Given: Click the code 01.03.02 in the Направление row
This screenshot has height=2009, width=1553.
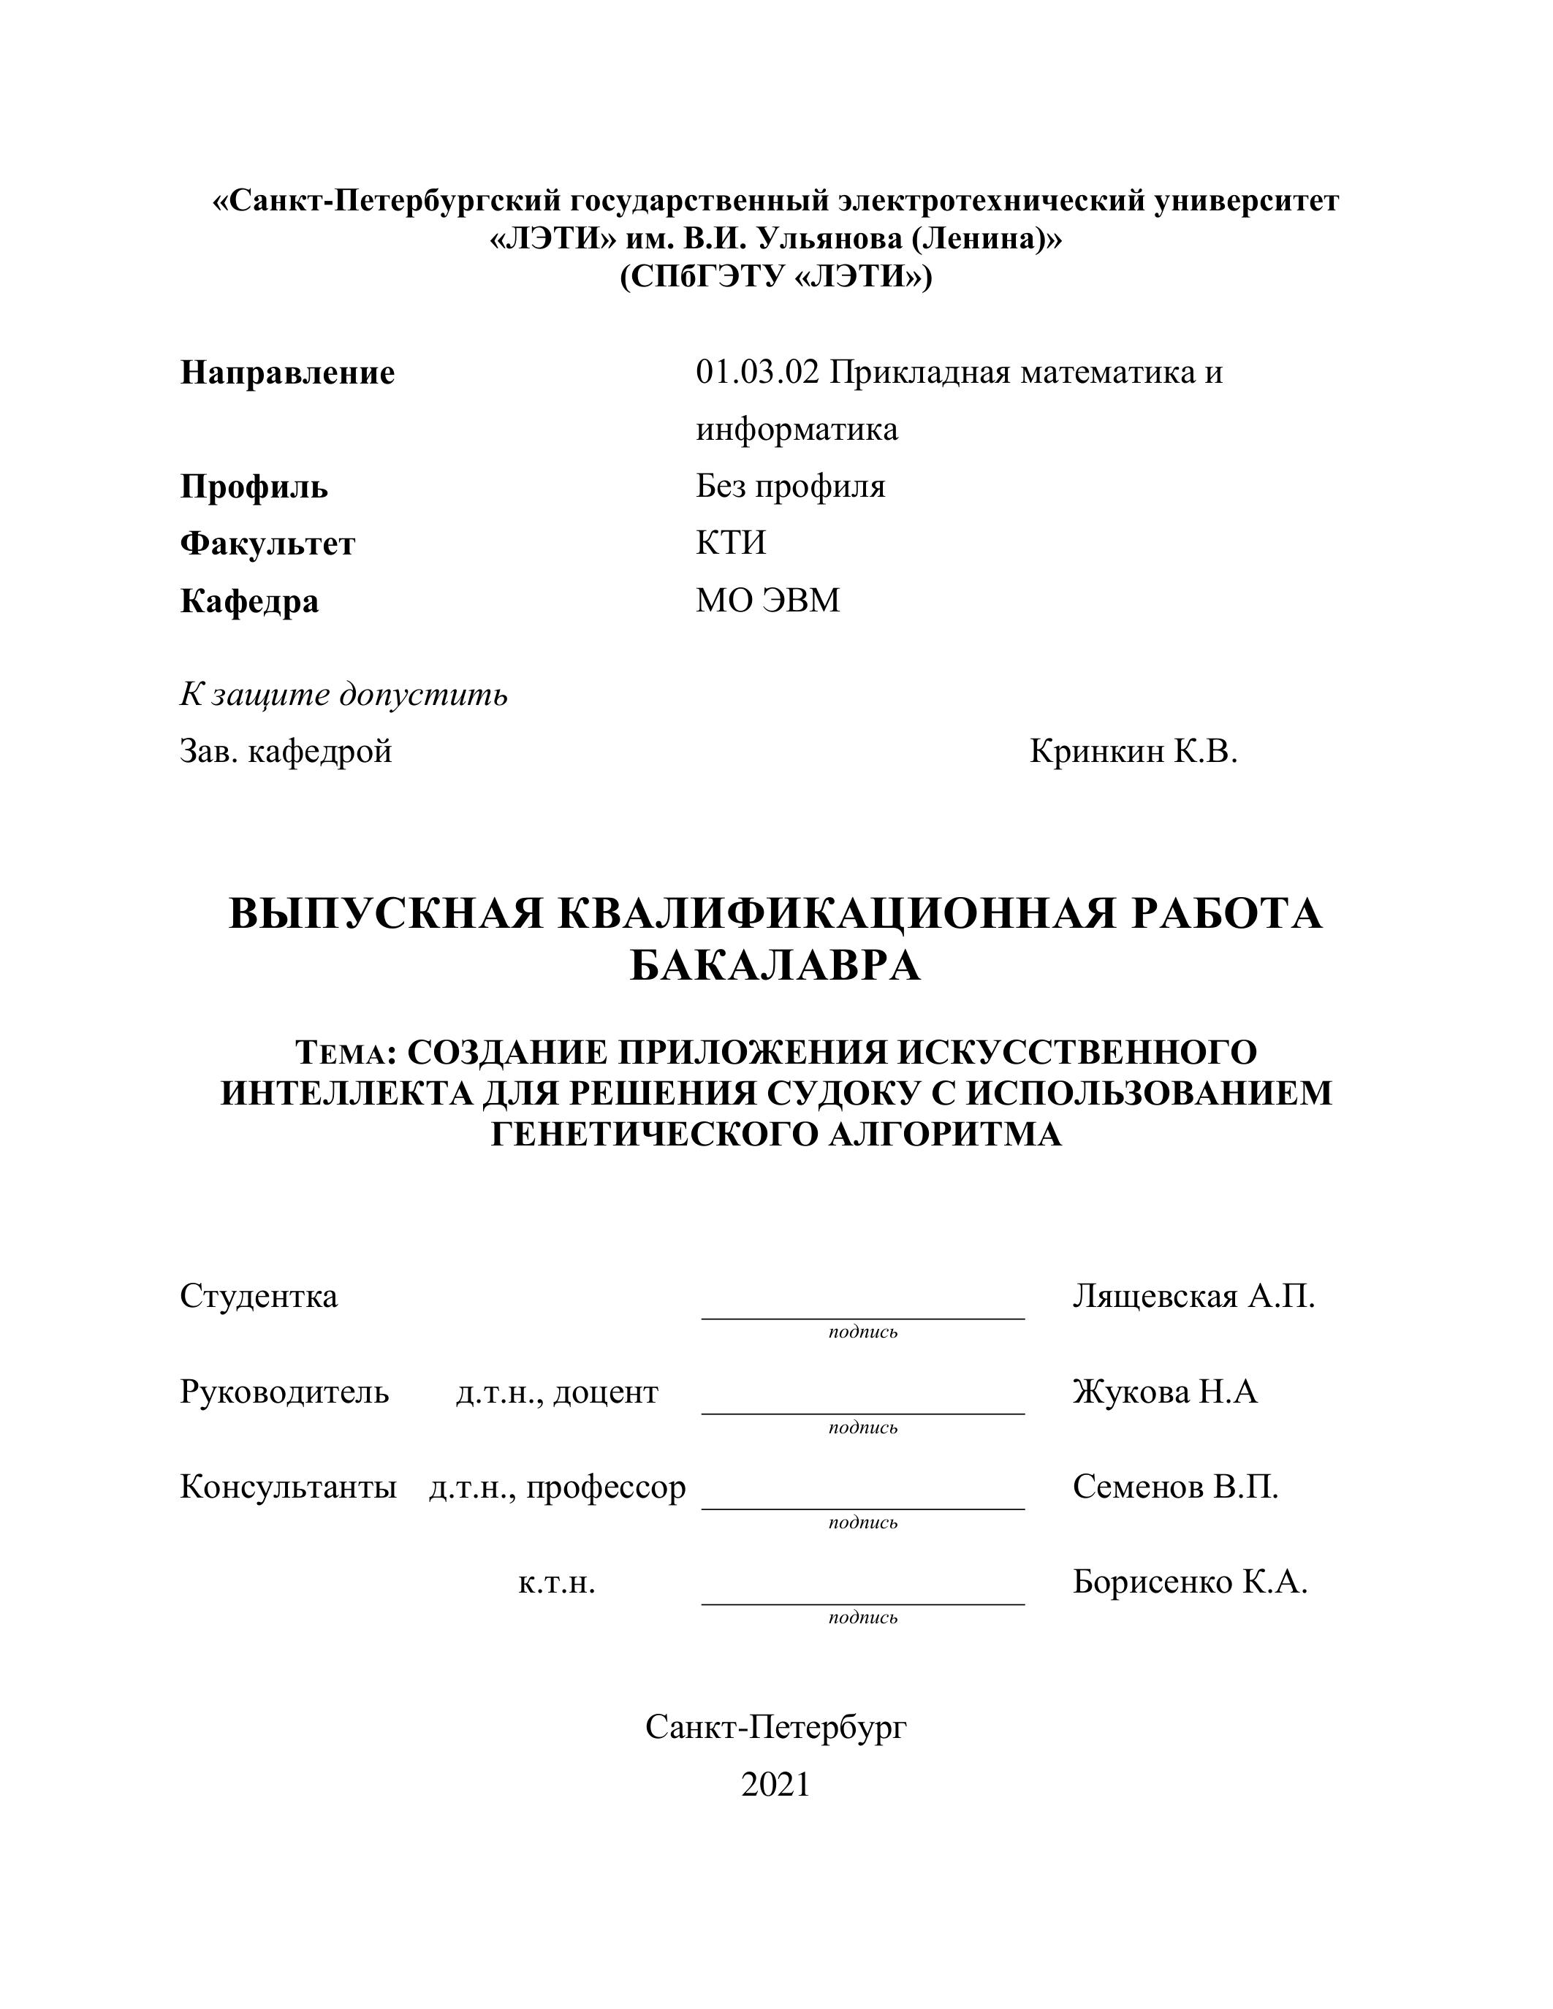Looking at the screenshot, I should tap(756, 373).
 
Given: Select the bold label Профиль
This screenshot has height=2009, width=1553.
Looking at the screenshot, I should tap(254, 487).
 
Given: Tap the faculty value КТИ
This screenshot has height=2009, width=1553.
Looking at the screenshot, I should tap(731, 543).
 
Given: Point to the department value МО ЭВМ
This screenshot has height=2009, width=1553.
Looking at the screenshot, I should tap(767, 601).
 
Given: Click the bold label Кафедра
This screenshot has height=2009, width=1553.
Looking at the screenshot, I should tap(249, 601).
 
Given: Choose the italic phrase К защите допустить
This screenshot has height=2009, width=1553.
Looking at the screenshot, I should tap(343, 695).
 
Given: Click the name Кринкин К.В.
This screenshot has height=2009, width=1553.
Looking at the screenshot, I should tap(1134, 752).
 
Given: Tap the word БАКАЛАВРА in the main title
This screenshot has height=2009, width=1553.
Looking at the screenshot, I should tap(775, 966).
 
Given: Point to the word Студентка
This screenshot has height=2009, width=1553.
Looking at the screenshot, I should tap(259, 1296).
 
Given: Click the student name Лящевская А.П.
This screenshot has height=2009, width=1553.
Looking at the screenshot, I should tap(1193, 1296).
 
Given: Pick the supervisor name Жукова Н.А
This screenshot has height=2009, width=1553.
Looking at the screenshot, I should tap(1165, 1392).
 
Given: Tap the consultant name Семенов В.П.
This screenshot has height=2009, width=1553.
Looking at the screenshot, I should tap(1175, 1487).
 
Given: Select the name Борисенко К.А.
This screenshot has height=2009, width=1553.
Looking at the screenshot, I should tap(1190, 1582).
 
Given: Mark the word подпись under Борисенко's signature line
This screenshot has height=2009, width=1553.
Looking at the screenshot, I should tap(862, 1617).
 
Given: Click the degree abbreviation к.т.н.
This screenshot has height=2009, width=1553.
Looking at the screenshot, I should tap(557, 1583).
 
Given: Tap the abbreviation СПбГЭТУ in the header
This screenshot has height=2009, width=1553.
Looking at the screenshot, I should tap(705, 277).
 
